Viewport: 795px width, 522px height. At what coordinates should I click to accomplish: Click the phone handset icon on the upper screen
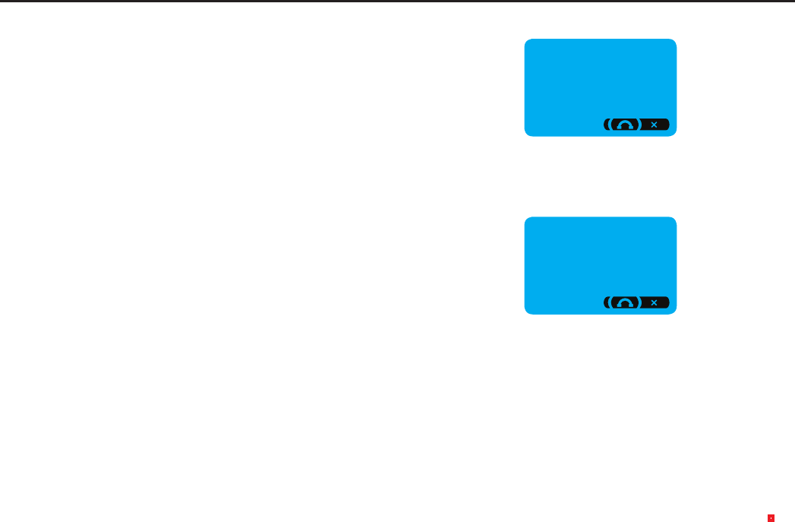(624, 125)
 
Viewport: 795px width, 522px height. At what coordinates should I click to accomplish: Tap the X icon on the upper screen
(654, 124)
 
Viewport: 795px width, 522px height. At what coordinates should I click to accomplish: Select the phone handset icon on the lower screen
(624, 303)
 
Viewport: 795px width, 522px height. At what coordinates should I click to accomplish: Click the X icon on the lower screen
(654, 302)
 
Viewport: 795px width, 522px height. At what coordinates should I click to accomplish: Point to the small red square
(771, 518)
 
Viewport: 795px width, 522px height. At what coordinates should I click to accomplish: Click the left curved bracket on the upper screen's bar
(607, 124)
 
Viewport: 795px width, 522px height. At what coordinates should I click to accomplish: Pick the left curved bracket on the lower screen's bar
(607, 302)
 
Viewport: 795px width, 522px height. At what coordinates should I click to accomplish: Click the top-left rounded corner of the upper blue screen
(527, 42)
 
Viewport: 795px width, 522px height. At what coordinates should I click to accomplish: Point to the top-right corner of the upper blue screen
(674, 42)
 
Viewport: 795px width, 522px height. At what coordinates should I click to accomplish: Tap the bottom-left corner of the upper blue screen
(527, 134)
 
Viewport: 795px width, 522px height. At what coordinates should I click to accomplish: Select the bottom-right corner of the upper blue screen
(674, 134)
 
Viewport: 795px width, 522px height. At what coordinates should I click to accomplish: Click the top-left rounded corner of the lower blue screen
(527, 220)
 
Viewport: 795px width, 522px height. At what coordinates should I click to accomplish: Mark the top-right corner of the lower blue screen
(674, 220)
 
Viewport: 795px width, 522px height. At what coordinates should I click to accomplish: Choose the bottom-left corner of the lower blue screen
(527, 312)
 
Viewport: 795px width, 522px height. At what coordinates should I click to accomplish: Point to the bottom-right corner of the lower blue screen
(674, 312)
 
